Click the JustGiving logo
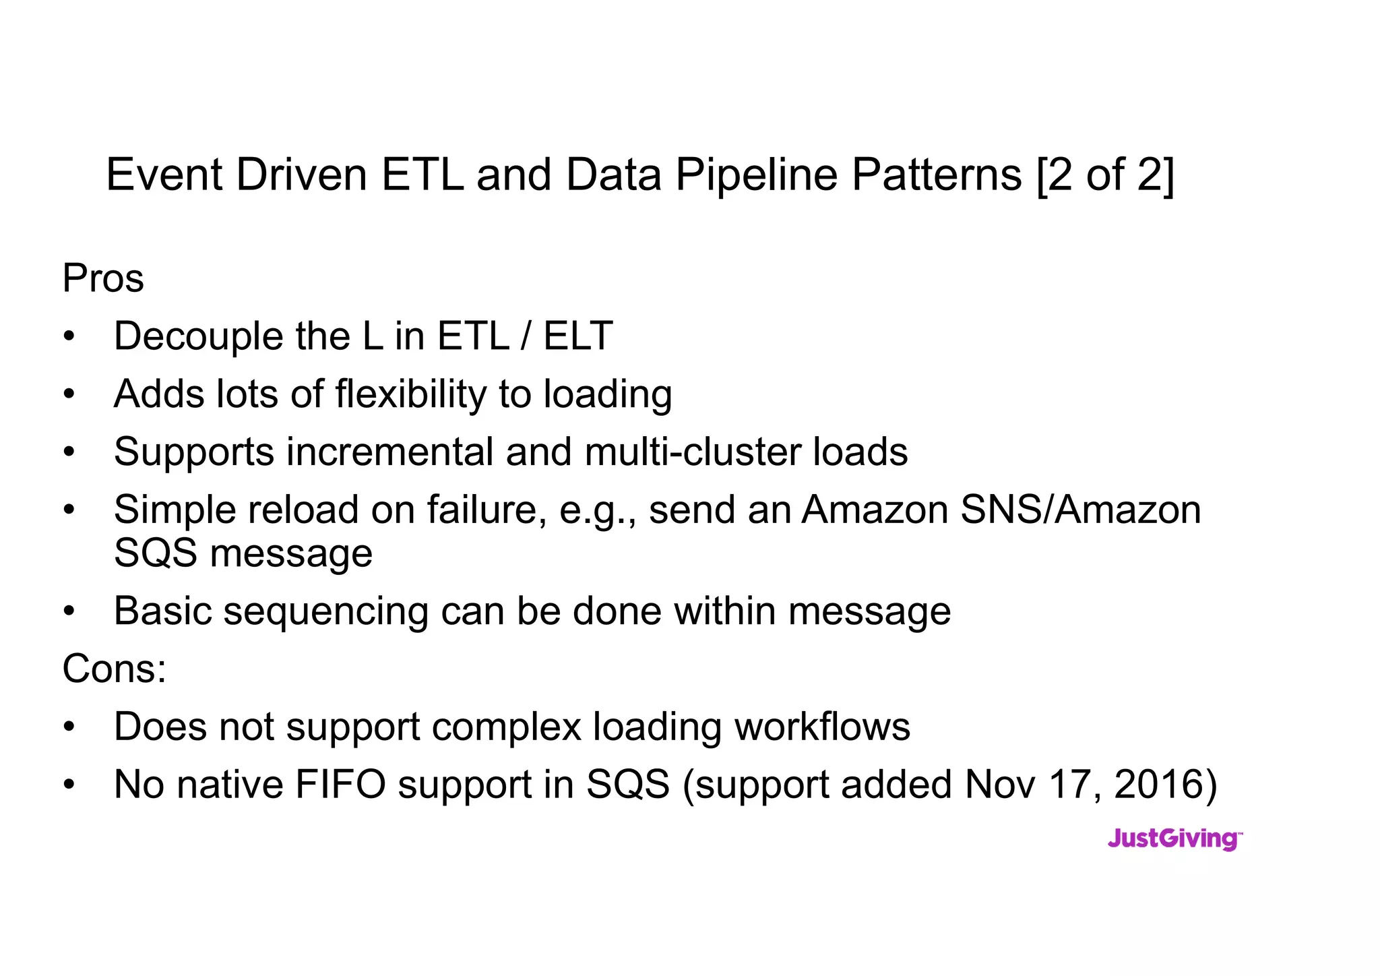1174,839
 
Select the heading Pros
103,278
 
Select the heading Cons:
114,669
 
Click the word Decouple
198,336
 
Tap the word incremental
390,452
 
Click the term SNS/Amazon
1080,510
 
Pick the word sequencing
325,611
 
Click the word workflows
822,727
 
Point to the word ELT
577,336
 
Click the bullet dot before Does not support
69,728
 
